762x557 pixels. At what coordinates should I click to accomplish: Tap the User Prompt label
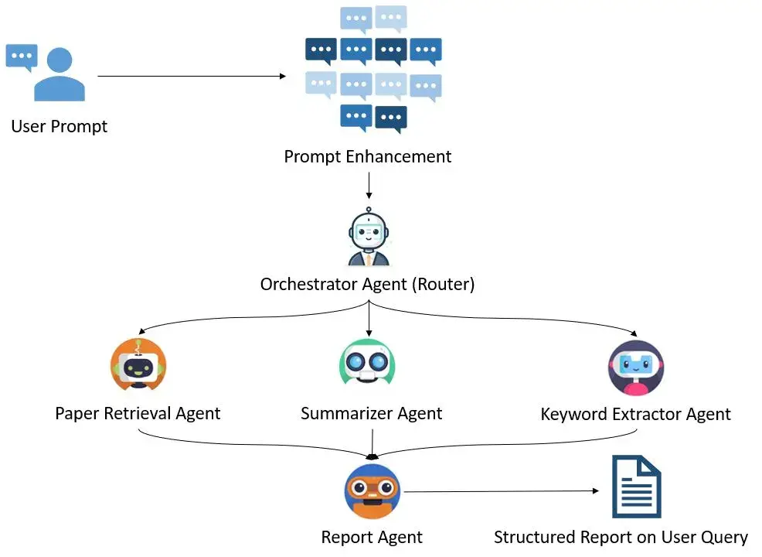[60, 126]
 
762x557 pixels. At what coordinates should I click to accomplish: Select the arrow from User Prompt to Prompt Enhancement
[193, 76]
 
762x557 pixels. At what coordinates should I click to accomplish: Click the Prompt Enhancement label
[367, 156]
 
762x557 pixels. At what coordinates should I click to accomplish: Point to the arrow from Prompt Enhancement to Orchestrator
[369, 186]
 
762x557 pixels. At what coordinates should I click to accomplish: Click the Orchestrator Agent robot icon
[368, 239]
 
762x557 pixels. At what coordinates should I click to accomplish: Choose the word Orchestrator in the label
[308, 285]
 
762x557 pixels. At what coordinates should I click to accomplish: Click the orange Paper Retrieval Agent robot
[138, 366]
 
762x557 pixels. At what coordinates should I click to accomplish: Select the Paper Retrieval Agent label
[138, 413]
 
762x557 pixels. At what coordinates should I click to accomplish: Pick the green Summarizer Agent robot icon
[367, 363]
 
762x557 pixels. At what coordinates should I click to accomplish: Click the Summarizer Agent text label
[371, 413]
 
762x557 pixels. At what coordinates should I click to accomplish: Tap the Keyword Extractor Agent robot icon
[635, 367]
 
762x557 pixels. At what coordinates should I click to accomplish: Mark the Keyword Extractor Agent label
[635, 414]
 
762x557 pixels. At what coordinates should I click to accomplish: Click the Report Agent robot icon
[372, 490]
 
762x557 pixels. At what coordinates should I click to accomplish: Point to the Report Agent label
[372, 537]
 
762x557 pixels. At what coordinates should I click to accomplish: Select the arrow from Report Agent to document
[502, 491]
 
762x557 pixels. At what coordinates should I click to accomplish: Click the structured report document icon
[636, 487]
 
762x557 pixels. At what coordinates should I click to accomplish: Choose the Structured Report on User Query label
[621, 537]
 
